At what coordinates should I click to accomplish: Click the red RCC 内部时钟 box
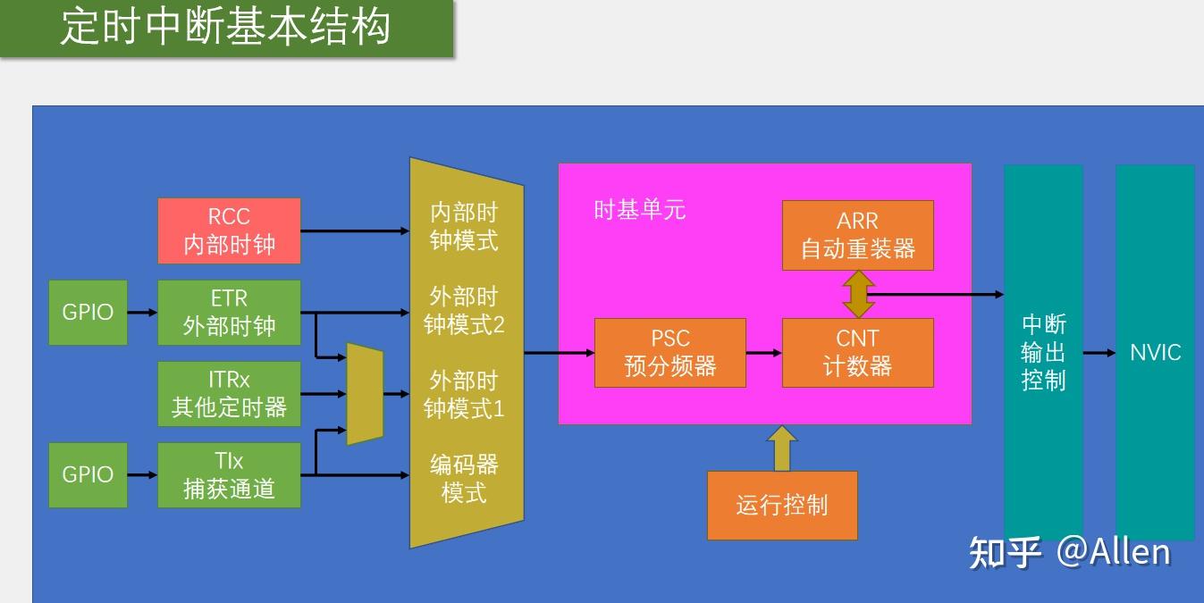point(229,230)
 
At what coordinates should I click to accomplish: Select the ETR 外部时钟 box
point(229,312)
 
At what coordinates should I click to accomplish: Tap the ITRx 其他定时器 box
point(229,393)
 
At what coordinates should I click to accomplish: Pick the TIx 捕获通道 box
point(229,474)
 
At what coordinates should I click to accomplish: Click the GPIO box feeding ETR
point(88,312)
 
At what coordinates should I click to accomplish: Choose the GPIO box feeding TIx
point(88,474)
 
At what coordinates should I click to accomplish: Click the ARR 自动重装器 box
point(857,235)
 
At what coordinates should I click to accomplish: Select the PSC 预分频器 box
point(669,353)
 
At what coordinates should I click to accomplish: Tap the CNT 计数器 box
point(857,353)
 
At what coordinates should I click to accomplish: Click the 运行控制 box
point(781,506)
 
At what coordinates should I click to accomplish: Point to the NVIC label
point(1155,352)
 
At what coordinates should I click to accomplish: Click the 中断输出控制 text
point(1043,352)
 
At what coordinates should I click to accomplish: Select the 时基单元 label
point(639,210)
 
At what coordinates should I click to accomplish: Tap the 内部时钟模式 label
point(464,227)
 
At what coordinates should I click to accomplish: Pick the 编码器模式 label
point(464,478)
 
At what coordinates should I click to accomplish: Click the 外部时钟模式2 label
point(464,310)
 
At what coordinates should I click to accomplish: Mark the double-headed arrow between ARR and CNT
point(858,294)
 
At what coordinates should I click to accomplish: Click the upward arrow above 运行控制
point(782,448)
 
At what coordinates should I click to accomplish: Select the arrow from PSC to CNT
point(764,353)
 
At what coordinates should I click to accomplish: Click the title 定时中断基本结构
point(225,27)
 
